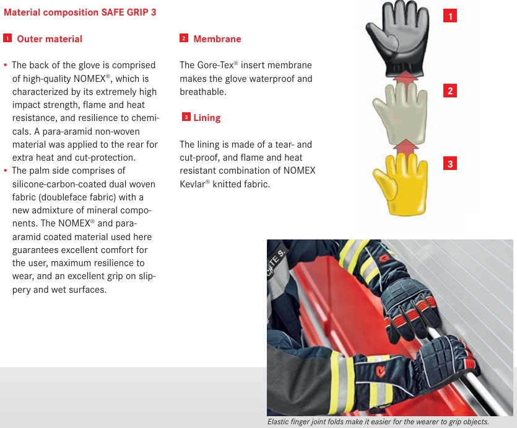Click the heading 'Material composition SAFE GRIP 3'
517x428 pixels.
pyautogui.click(x=80, y=12)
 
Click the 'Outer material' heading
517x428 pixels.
pyautogui.click(x=50, y=39)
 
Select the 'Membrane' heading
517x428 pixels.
pyautogui.click(x=217, y=39)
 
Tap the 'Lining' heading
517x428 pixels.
pyautogui.click(x=207, y=118)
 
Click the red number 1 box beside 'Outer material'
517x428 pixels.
pyautogui.click(x=7, y=38)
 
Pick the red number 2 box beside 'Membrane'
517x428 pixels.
pyautogui.click(x=184, y=38)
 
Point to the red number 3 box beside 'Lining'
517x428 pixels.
pyautogui.click(x=186, y=117)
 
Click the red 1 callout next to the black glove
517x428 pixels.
pyautogui.click(x=450, y=16)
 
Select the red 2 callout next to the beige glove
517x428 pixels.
pyautogui.click(x=450, y=91)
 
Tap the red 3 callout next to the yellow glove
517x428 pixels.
pyautogui.click(x=450, y=163)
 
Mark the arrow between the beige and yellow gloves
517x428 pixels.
pyautogui.click(x=406, y=146)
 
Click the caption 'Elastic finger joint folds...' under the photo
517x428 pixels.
pyautogui.click(x=378, y=422)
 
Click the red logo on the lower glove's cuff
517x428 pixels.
pyautogui.click(x=381, y=372)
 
